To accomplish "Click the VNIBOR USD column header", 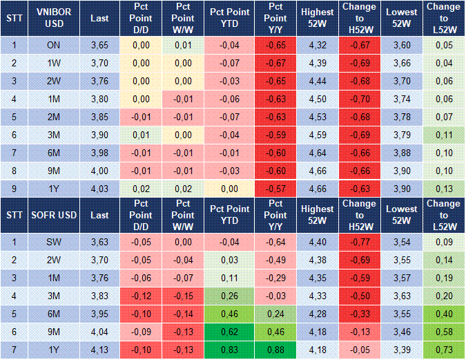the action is pos(54,18).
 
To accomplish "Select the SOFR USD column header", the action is pos(54,215).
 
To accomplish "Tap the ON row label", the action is pos(54,45).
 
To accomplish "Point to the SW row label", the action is pos(54,242).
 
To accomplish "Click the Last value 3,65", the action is pos(99,45).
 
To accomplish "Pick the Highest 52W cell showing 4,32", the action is pos(318,45).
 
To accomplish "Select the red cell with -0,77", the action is pos(360,242).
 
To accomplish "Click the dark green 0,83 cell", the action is pos(229,350).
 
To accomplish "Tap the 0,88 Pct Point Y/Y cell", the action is pos(275,350).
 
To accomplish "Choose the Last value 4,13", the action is pos(99,350).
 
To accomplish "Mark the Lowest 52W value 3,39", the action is pos(402,350).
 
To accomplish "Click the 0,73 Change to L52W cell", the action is pos(444,350).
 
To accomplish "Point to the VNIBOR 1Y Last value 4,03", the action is pos(99,189).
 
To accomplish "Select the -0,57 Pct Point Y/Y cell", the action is pos(275,189).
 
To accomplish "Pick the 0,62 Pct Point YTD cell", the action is pos(229,332).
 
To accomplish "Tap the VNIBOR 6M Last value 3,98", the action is pos(99,153).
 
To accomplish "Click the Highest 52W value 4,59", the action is pos(318,135).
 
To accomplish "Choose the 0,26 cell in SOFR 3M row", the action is pos(229,296).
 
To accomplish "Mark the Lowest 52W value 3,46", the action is pos(402,332).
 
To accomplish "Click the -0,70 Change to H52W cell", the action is pos(360,99).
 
